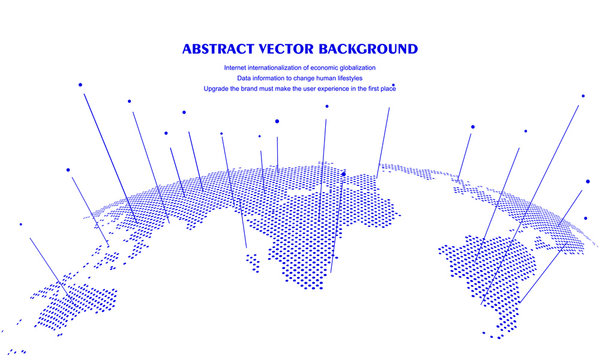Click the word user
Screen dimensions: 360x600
pos(310,88)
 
